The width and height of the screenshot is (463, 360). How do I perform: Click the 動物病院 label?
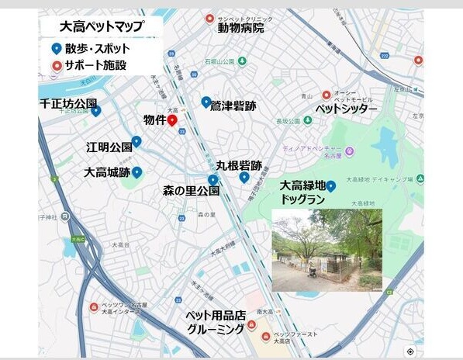click(x=240, y=29)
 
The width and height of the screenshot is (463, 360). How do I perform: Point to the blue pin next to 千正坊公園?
click(x=96, y=111)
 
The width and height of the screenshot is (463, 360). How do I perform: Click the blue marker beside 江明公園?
click(x=136, y=142)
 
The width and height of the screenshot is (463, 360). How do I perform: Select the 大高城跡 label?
click(x=107, y=172)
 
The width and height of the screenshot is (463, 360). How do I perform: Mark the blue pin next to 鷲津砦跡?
click(x=206, y=102)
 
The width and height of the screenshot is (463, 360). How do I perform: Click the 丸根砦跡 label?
click(x=239, y=165)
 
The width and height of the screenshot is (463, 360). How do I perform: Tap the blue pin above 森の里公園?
click(x=212, y=181)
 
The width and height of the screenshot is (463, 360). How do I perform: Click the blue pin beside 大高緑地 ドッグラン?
click(x=331, y=186)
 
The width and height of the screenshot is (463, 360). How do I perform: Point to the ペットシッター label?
click(x=346, y=109)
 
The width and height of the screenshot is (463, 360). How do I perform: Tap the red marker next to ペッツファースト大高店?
click(x=266, y=337)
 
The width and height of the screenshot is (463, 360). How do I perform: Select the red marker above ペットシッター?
click(x=327, y=95)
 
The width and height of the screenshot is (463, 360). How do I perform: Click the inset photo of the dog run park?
click(x=327, y=250)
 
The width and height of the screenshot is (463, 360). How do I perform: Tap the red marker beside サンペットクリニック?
click(x=209, y=19)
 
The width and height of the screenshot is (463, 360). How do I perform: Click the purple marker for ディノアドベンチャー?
click(x=350, y=151)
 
